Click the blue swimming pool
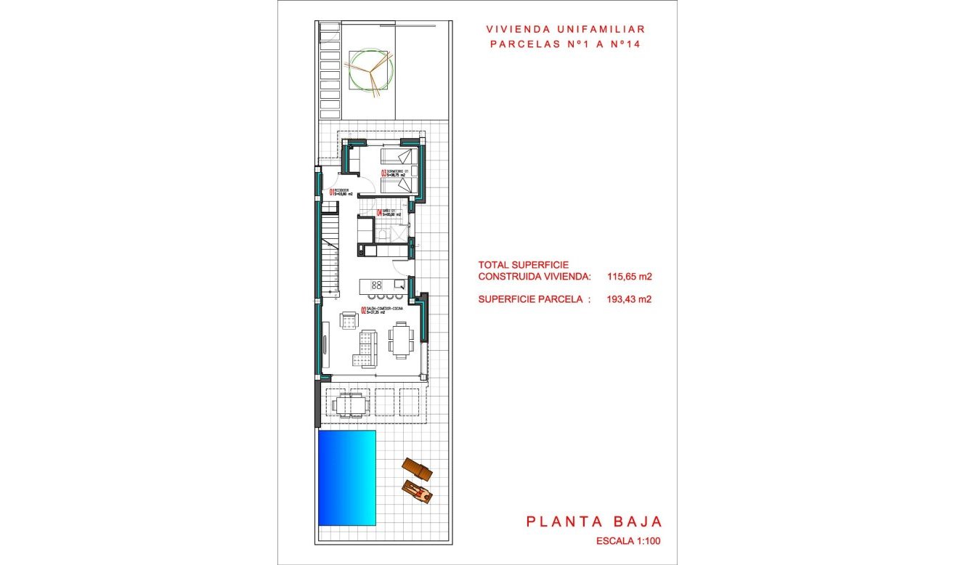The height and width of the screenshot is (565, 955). [346, 477]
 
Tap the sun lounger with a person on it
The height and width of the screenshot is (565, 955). [420, 492]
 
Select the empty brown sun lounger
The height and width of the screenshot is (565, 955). [417, 469]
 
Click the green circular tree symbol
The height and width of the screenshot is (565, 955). [371, 70]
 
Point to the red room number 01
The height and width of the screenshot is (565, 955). [332, 192]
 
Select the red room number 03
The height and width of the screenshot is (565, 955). [383, 173]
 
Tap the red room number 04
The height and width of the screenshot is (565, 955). [379, 214]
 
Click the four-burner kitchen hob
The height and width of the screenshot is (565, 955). [378, 284]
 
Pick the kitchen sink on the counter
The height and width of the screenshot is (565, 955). [399, 284]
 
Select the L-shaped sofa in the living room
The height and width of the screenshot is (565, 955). [367, 349]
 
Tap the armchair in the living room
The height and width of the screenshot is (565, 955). [349, 319]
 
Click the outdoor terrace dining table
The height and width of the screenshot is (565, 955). [350, 402]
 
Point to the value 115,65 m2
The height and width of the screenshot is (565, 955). [629, 277]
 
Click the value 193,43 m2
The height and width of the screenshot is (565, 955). [629, 298]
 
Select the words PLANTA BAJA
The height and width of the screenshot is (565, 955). [593, 521]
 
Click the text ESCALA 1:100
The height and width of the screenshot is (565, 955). [628, 541]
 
